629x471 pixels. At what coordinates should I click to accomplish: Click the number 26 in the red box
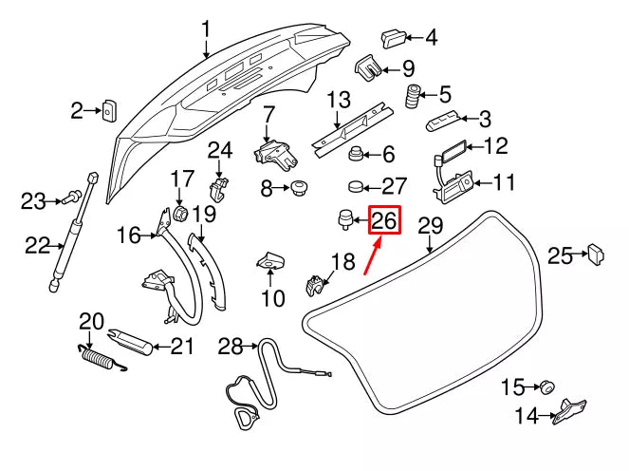click(x=384, y=221)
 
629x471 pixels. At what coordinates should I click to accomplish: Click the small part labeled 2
click(x=109, y=111)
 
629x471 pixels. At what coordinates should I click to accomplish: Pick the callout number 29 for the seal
click(x=431, y=226)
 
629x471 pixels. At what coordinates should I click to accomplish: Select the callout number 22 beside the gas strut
click(x=37, y=246)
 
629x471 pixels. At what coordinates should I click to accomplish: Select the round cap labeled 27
click(x=359, y=184)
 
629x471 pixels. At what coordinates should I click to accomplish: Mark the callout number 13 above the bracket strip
click(x=339, y=99)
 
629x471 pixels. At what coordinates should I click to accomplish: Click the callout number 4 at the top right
click(x=431, y=38)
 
